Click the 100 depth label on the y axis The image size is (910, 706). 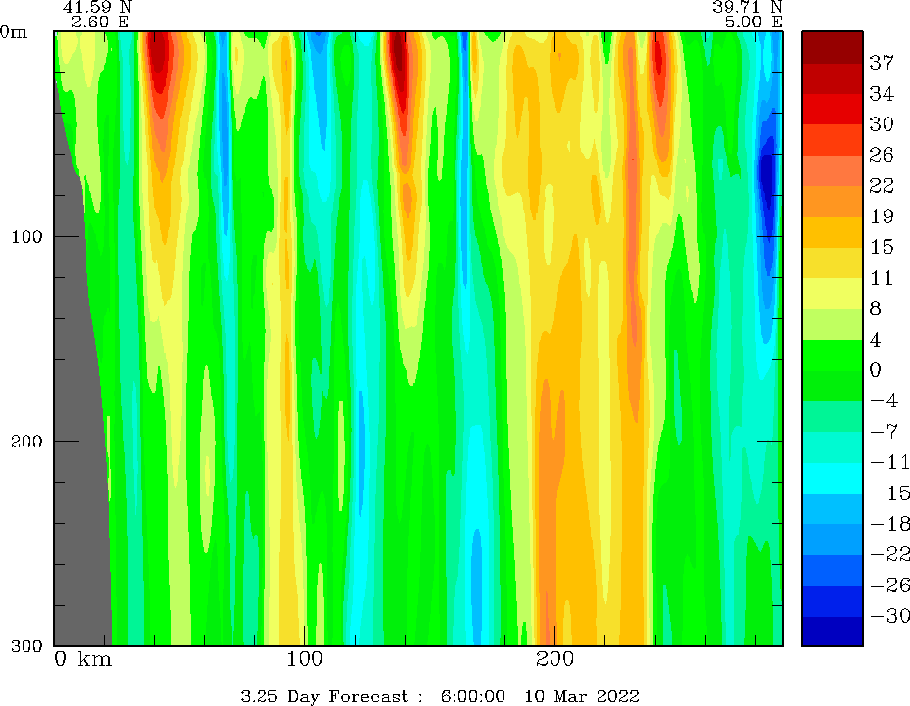click(x=26, y=237)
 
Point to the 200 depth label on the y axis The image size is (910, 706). click(x=26, y=442)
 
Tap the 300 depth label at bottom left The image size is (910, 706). click(x=26, y=645)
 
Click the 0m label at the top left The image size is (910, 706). click(x=14, y=32)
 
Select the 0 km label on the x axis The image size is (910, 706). click(x=83, y=659)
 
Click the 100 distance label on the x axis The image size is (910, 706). click(x=304, y=659)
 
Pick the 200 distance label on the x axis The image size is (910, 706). click(x=554, y=659)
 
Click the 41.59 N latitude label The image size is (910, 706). click(x=98, y=7)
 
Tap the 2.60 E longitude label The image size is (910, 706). click(x=100, y=23)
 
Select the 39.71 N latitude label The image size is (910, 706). click(x=747, y=7)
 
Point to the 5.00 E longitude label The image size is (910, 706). click(x=753, y=23)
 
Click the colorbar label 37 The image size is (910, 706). click(x=882, y=62)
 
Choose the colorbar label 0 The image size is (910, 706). click(x=875, y=369)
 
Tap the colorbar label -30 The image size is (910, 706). click(x=889, y=616)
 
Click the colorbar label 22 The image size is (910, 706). click(x=882, y=185)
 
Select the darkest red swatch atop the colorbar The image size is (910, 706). click(x=833, y=47)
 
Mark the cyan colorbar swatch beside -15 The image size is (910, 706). click(x=833, y=478)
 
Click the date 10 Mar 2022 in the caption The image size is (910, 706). click(x=582, y=696)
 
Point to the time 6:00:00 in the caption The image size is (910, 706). click(x=472, y=696)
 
